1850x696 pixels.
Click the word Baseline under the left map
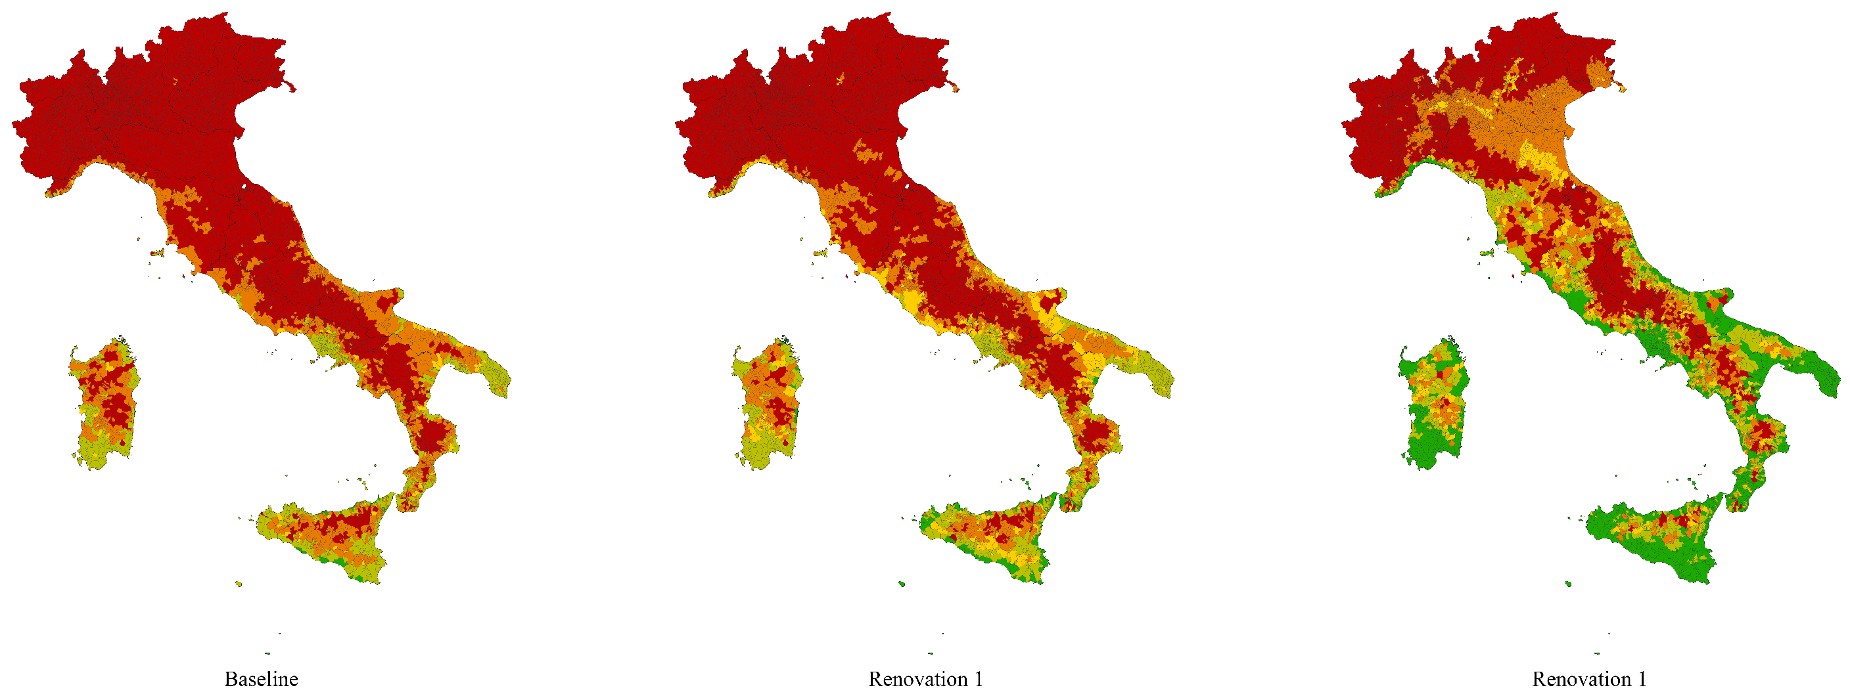coord(261,679)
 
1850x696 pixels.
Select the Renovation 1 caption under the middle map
coord(925,679)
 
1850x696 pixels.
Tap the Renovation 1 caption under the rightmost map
coord(1588,679)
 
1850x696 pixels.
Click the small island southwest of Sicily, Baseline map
coord(239,584)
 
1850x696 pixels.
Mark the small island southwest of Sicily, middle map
coord(901,584)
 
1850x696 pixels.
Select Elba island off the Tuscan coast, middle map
coord(820,253)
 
